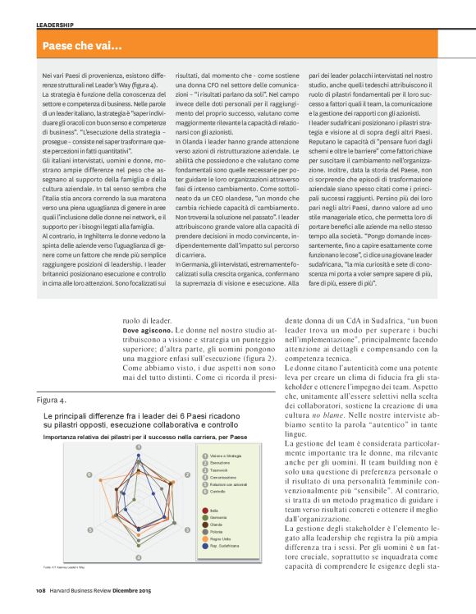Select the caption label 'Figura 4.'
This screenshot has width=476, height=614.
pos(52,399)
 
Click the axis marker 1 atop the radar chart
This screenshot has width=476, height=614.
pos(138,447)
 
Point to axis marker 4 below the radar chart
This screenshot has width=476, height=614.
pos(138,558)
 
